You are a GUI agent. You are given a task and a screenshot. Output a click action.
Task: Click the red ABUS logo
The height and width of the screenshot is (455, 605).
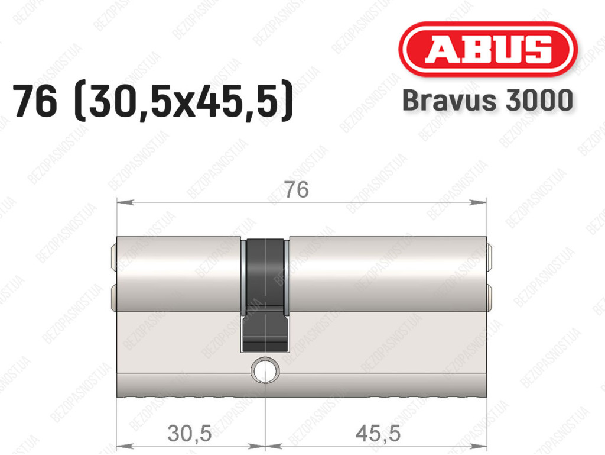[487, 49]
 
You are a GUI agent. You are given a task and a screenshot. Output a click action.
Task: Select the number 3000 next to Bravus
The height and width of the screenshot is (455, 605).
[539, 101]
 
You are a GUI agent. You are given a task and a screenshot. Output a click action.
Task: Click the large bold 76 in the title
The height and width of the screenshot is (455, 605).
[35, 101]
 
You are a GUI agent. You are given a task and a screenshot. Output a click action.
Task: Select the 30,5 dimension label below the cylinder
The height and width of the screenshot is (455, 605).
[190, 433]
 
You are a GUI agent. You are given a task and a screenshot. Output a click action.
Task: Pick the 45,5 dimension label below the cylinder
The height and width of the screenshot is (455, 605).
[378, 433]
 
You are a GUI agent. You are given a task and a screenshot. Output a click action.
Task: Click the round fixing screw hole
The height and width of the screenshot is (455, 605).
[265, 369]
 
